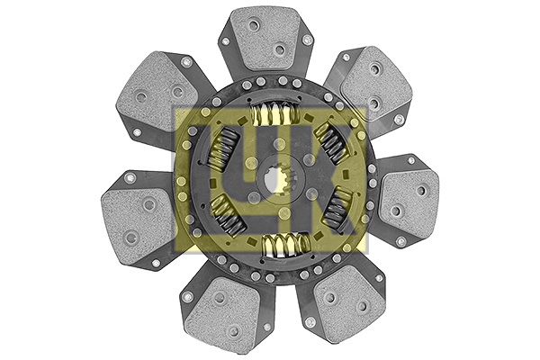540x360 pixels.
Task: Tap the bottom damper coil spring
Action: click(x=286, y=243)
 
